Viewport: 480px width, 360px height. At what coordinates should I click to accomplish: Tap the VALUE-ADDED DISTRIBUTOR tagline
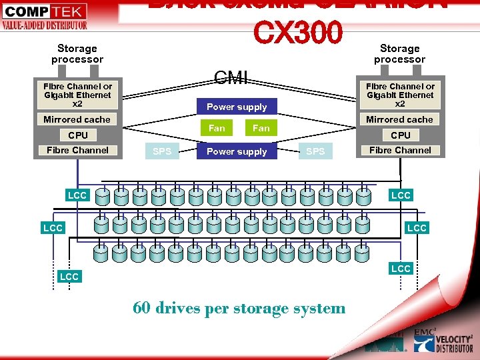pos(44,25)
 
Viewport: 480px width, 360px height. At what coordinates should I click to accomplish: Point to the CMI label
pos(231,79)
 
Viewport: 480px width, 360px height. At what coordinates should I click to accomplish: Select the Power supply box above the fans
pos(237,107)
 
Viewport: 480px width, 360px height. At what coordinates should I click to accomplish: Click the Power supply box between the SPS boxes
pos(237,151)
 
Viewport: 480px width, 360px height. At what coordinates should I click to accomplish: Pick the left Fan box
pos(217,128)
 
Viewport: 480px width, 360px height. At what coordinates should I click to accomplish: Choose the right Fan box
pos(261,128)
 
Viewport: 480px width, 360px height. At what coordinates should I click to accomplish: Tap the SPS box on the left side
pos(162,151)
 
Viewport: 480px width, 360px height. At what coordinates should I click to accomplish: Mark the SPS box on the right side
pos(315,151)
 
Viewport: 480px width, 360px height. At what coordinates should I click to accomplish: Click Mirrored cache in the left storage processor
pos(77,119)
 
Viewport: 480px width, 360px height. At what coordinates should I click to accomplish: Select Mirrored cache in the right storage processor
pos(400,119)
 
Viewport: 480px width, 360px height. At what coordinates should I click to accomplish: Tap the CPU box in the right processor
pos(401,135)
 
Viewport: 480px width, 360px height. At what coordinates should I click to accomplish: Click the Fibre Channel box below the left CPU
pos(77,150)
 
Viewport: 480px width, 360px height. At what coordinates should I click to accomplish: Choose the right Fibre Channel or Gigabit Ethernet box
pos(400,95)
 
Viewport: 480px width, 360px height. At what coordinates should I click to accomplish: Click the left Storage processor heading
pos(77,53)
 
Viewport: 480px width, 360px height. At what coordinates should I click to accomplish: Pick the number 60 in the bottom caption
pos(141,307)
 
